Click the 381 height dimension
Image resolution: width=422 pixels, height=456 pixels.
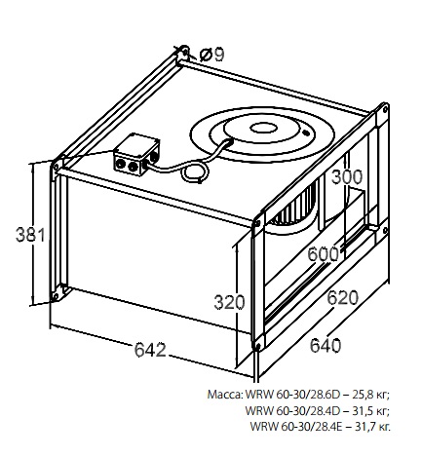30,235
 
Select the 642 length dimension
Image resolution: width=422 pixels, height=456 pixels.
150,350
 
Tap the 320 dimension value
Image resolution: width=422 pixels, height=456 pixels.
229,302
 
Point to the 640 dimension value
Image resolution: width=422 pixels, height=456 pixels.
326,345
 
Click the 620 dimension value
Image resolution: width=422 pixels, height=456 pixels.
342,298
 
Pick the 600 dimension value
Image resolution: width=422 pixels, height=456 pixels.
323,254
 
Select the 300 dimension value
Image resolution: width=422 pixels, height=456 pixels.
347,177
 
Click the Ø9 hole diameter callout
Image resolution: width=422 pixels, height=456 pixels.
211,55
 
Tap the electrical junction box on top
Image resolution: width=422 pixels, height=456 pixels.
136,154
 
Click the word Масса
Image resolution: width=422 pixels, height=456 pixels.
225,395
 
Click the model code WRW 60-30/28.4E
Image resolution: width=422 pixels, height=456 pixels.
296,426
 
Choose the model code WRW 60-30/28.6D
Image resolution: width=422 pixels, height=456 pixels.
292,395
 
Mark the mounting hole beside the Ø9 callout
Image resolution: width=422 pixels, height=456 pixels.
184,52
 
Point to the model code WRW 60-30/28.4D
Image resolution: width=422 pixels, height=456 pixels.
292,410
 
